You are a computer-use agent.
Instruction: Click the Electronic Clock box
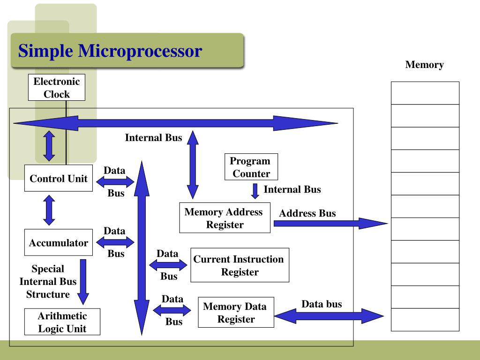pyautogui.click(x=57, y=88)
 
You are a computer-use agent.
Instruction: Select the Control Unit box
pyautogui.click(x=58, y=179)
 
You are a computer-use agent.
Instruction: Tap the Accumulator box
pyautogui.click(x=58, y=243)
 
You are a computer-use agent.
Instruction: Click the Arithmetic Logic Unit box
pyautogui.click(x=62, y=322)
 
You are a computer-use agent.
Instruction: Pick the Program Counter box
pyautogui.click(x=251, y=167)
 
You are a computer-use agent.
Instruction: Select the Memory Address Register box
pyautogui.click(x=225, y=218)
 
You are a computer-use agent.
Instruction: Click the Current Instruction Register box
pyautogui.click(x=240, y=265)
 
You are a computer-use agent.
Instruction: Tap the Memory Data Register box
pyautogui.click(x=236, y=313)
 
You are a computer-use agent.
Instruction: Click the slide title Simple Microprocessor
pyautogui.click(x=110, y=51)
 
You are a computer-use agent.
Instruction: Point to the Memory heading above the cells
pyautogui.click(x=424, y=65)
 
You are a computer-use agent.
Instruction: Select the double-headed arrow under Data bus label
pyautogui.click(x=329, y=316)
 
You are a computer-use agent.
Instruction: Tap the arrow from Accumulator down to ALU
pyautogui.click(x=83, y=282)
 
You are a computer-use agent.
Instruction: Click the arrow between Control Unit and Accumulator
pyautogui.click(x=49, y=210)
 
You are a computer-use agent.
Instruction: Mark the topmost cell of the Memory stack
pyautogui.click(x=425, y=93)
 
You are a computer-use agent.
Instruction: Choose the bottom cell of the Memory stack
pyautogui.click(x=425, y=320)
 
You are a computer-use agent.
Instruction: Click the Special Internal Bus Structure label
pyautogui.click(x=48, y=282)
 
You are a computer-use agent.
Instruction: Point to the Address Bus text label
pyautogui.click(x=307, y=213)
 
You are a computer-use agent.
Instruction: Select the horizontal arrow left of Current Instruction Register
pyautogui.click(x=168, y=265)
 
